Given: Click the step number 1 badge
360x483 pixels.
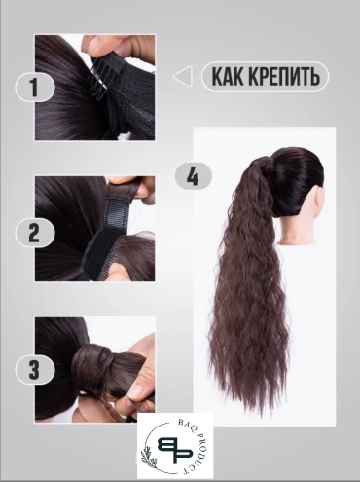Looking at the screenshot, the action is coord(35,88).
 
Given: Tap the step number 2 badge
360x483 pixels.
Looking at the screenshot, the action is coord(35,234).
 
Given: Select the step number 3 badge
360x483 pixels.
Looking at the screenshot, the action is coord(35,370).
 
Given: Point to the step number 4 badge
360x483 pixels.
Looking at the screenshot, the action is coord(194,176).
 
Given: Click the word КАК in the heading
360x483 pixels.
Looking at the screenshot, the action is coord(228,76).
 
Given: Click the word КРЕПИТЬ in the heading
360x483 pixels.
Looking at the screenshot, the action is coord(284,76).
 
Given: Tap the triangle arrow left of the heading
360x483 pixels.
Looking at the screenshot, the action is coord(183,77).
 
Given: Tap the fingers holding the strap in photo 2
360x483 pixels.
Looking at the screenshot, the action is coord(132,187).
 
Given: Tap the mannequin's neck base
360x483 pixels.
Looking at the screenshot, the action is coord(297,240).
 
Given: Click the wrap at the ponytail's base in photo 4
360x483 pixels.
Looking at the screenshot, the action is coord(260,163).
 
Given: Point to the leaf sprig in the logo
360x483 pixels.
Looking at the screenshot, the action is coord(147,452).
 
